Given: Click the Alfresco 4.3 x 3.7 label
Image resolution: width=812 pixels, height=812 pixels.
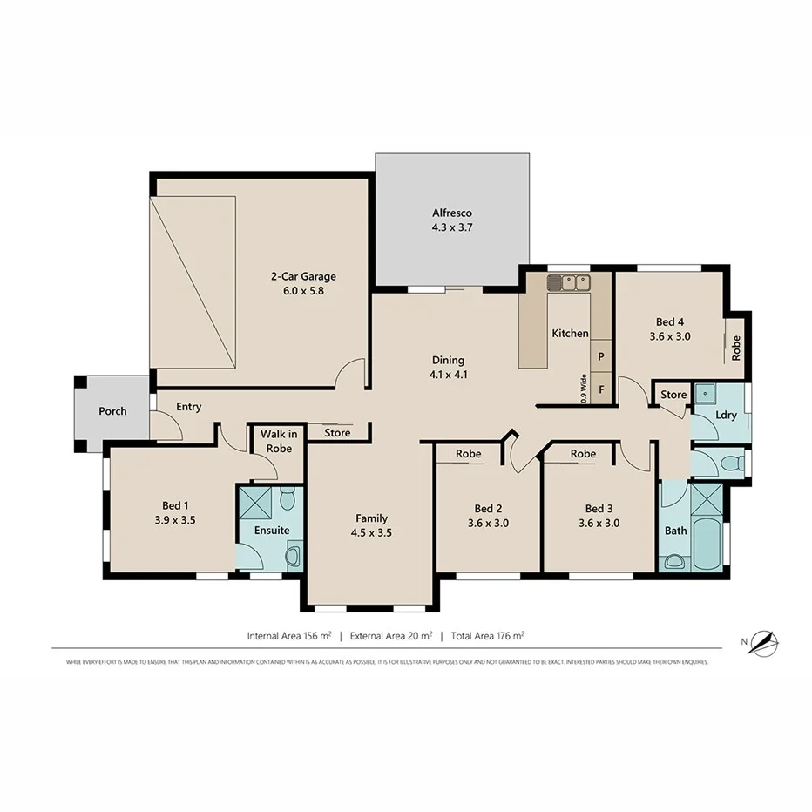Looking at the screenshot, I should [452, 220].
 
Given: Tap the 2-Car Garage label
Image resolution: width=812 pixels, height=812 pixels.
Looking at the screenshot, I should [302, 284].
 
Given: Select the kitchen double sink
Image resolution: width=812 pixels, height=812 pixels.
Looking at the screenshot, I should [568, 282].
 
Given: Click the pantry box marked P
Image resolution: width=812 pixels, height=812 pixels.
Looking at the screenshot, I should [601, 356].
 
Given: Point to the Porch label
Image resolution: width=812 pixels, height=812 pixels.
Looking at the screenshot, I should [112, 411].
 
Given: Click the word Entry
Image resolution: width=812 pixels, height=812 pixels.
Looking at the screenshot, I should [189, 407].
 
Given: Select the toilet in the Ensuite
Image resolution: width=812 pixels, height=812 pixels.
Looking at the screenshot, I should [288, 499].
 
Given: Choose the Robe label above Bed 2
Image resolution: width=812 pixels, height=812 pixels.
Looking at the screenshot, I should [469, 454].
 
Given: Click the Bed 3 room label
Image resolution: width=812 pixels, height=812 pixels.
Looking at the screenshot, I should [599, 516].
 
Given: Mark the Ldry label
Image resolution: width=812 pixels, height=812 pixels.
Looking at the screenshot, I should [726, 416].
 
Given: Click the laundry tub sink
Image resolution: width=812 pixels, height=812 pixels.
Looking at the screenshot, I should [705, 394].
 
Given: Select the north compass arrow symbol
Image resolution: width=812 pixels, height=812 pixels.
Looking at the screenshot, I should [766, 643].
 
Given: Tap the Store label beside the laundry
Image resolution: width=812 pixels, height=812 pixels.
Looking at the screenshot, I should [673, 395].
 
